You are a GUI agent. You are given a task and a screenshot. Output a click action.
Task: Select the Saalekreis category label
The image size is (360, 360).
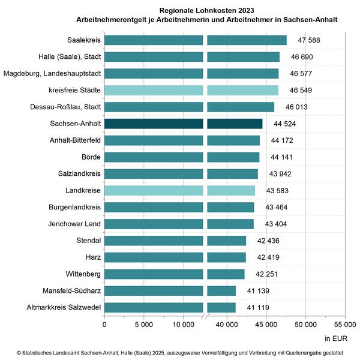pyautogui.click(x=84, y=41)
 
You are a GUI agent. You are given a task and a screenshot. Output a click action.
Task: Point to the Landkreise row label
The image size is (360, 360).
pyautogui.click(x=83, y=191)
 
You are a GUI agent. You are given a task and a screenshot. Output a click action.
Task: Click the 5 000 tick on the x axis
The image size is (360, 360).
pyautogui.click(x=143, y=325)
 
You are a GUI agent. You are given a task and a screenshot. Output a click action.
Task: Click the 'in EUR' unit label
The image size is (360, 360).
pyautogui.click(x=336, y=338)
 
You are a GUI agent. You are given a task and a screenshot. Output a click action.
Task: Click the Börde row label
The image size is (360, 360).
pyautogui.click(x=90, y=157)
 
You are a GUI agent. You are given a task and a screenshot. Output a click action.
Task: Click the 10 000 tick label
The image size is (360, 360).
pyautogui.click(x=184, y=325)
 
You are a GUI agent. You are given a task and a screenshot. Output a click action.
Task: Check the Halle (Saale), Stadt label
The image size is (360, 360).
pyautogui.click(x=70, y=58)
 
